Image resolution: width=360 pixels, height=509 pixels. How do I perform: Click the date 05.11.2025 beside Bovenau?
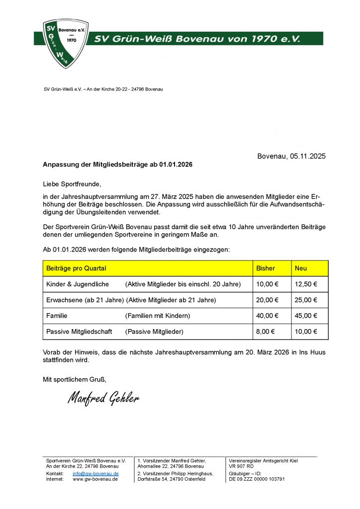307,156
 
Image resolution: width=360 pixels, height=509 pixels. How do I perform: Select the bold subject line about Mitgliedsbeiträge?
118,164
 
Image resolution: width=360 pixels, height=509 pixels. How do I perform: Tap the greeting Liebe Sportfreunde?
72,184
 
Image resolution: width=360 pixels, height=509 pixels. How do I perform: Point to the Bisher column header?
266,268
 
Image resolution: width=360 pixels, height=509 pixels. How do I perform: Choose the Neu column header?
301,268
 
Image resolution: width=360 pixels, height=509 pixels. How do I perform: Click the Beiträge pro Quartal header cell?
76,268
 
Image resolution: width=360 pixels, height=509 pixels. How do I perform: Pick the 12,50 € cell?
306,284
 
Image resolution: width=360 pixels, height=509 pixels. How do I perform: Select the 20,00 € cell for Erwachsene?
267,300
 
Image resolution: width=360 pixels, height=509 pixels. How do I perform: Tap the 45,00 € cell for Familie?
306,316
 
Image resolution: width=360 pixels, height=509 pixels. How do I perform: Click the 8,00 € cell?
265,332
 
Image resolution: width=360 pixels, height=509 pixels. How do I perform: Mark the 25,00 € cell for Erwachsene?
306,300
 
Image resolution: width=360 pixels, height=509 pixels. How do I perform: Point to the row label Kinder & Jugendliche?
78,284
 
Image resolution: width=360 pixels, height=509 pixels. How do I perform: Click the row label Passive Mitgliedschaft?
79,332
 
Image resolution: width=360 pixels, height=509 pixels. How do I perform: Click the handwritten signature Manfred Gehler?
103,398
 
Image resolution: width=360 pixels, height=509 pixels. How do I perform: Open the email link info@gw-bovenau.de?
95,474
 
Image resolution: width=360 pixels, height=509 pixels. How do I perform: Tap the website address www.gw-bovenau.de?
95,479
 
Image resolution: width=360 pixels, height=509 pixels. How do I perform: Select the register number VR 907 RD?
241,466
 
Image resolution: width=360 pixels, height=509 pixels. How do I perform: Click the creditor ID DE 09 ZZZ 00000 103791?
257,479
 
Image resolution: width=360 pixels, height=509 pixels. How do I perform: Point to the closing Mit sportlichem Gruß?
75,380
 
